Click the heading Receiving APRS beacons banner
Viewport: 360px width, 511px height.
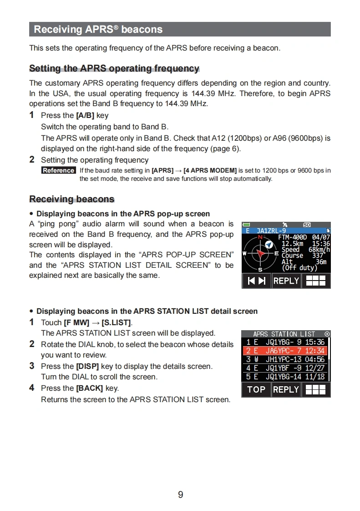point(180,29)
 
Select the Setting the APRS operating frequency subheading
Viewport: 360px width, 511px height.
point(114,68)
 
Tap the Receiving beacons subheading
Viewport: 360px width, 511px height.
point(72,199)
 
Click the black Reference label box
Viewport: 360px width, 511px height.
point(59,170)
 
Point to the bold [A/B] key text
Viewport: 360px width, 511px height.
point(85,116)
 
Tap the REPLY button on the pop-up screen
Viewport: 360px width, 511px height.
point(286,281)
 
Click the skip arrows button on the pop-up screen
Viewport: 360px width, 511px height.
point(256,281)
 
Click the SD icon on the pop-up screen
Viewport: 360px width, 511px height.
point(307,225)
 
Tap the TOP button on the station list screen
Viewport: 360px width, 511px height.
point(256,389)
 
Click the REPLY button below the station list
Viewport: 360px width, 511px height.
point(286,389)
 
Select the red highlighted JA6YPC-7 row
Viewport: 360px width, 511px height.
point(285,351)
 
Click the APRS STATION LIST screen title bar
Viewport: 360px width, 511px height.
point(284,334)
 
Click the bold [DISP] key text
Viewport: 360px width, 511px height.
point(87,366)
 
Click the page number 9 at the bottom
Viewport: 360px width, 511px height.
point(180,495)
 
